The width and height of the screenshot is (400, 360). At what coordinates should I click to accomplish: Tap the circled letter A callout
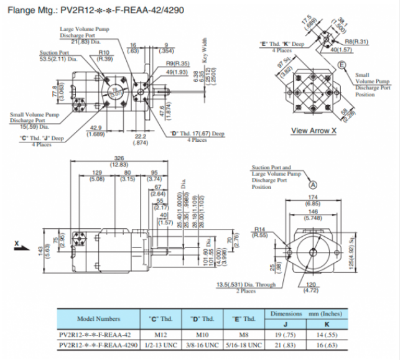pyautogui.click(x=314, y=184)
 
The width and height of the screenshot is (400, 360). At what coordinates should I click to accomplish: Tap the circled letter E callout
pyautogui.click(x=342, y=65)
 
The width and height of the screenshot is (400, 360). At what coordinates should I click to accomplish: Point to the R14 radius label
pyautogui.click(x=260, y=229)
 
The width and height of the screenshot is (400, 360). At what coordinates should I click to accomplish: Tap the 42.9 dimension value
pyautogui.click(x=95, y=127)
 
